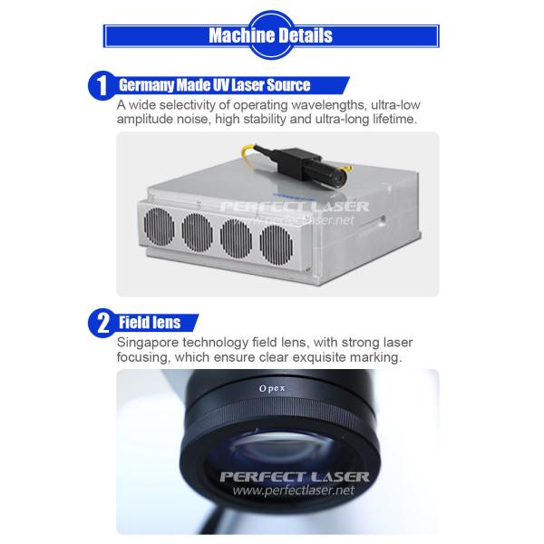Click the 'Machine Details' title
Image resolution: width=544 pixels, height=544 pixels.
(x=270, y=35)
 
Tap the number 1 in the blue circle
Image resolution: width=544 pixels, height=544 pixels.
(x=102, y=86)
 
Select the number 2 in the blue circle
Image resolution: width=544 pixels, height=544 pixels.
(x=103, y=324)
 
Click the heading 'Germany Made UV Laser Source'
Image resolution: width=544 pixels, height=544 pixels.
(x=214, y=85)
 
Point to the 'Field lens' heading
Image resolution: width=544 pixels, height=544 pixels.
(x=150, y=322)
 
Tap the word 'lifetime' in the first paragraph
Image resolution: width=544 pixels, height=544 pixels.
(x=394, y=119)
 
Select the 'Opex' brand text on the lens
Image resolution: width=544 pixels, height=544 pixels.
(x=272, y=389)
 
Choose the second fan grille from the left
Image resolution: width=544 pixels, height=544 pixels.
(x=197, y=231)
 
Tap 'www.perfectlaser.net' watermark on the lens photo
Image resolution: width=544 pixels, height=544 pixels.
(x=294, y=490)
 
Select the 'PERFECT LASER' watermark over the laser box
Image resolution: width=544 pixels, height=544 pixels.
(x=295, y=207)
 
